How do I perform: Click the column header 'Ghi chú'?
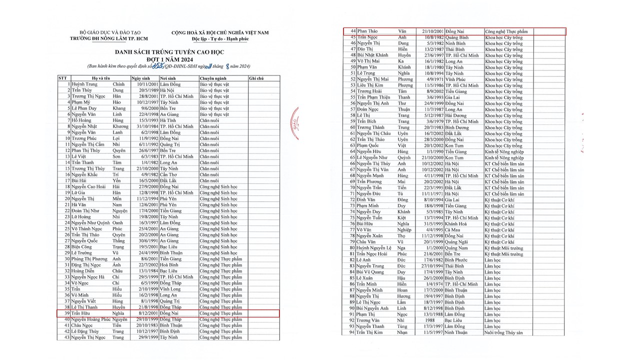pyautogui.click(x=256, y=78)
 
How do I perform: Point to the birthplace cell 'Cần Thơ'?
pyautogui.click(x=169, y=174)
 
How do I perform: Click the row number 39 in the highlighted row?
pyautogui.click(x=66, y=313)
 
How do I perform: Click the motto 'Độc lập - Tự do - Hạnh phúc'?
pyautogui.click(x=219, y=38)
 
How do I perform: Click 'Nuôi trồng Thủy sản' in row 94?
pyautogui.click(x=503, y=332)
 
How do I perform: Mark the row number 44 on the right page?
pyautogui.click(x=352, y=31)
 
